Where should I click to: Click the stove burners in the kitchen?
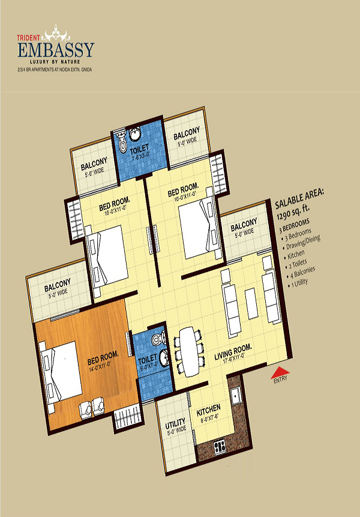[220, 446]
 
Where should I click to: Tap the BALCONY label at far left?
[57, 283]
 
